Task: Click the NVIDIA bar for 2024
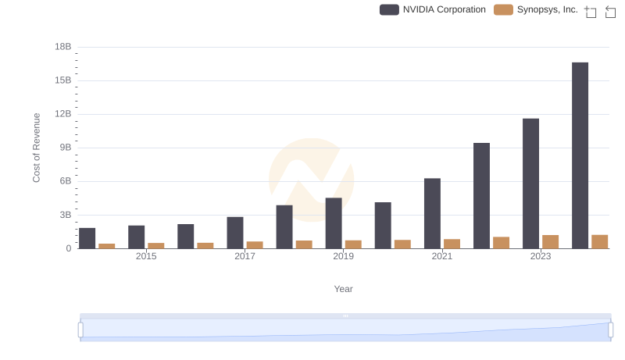[580, 155]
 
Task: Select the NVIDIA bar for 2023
[530, 184]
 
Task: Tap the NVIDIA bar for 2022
[481, 196]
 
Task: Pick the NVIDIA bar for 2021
[432, 213]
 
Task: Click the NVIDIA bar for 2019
[334, 223]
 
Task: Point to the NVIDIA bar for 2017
[235, 233]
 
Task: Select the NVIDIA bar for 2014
[87, 238]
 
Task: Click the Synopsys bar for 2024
[599, 242]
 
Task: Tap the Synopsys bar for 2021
[452, 244]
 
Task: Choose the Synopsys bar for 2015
[156, 246]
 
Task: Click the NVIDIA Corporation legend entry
[433, 9]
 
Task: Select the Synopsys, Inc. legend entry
[537, 9]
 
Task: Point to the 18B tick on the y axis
[63, 47]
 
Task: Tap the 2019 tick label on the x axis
[343, 256]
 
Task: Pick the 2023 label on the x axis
[541, 256]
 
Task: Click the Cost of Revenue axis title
[37, 148]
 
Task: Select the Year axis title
[343, 289]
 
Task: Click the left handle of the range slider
[80, 330]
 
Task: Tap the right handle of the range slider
[610, 330]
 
